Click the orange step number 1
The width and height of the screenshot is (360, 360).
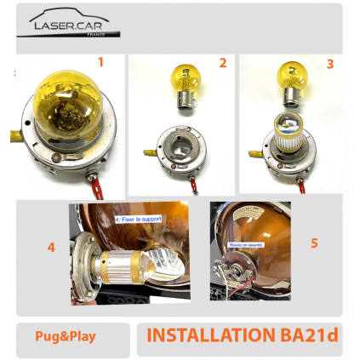click(x=100, y=61)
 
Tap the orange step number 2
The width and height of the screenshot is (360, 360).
click(x=223, y=62)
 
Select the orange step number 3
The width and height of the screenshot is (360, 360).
click(x=329, y=63)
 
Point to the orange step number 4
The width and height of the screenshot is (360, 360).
click(x=52, y=248)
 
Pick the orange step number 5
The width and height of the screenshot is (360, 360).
click(x=314, y=243)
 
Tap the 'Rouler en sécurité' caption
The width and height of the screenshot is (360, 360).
click(x=245, y=244)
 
